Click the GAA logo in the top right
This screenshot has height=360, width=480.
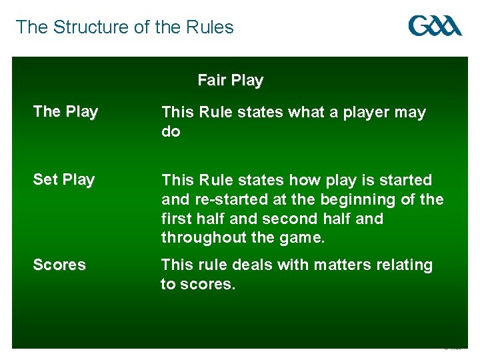(x=435, y=26)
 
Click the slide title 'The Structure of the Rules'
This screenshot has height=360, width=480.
(x=125, y=27)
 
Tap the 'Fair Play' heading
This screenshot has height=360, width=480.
(x=230, y=81)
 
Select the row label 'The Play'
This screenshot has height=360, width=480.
(x=65, y=112)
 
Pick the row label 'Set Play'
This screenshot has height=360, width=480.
(x=64, y=179)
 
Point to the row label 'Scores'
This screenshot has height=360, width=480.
(x=59, y=265)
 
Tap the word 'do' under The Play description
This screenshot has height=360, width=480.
(x=171, y=132)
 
